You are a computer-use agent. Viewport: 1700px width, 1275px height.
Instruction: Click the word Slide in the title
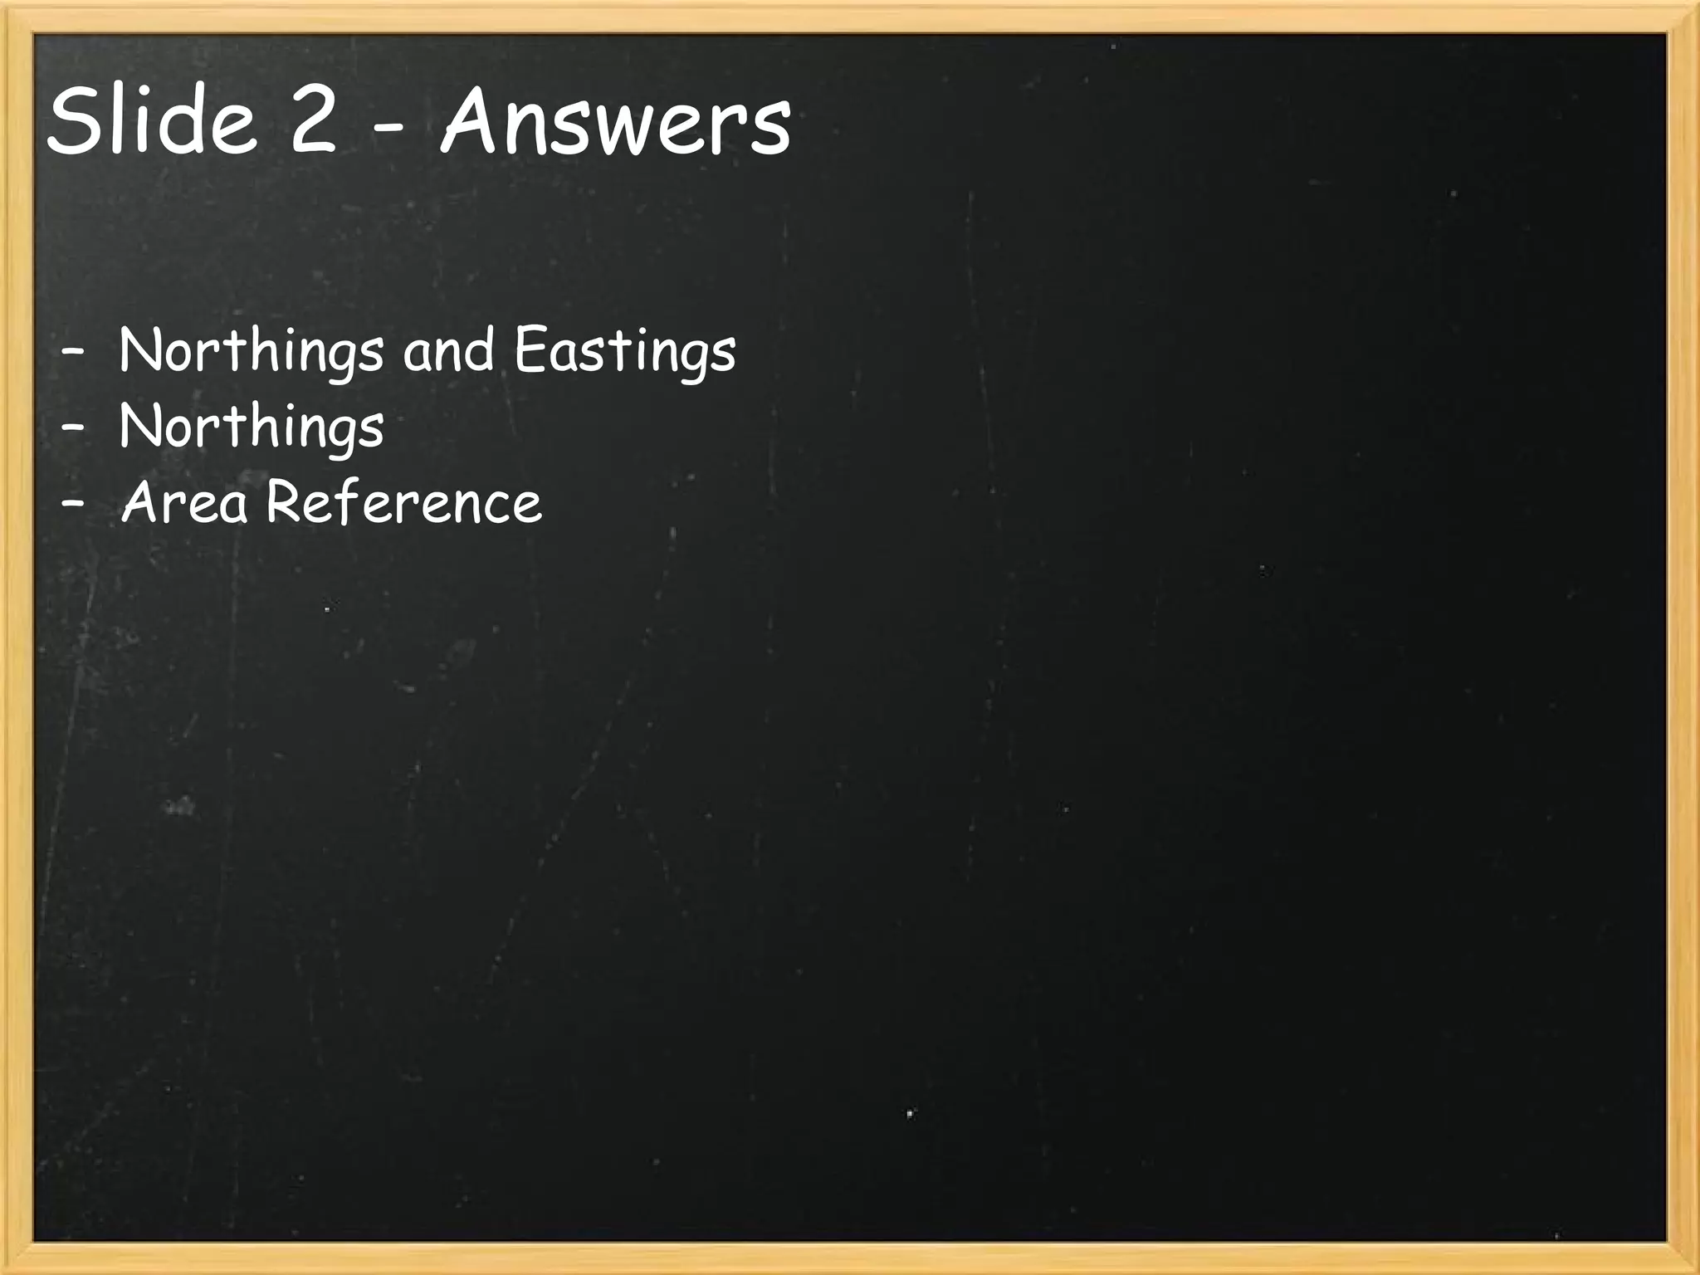[x=152, y=121]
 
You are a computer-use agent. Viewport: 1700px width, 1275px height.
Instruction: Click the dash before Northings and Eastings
[x=73, y=350]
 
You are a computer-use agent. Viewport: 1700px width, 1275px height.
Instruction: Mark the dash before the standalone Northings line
[x=73, y=427]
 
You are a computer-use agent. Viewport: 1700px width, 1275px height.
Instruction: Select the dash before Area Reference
[x=73, y=503]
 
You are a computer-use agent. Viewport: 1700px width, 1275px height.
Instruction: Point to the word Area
[x=185, y=503]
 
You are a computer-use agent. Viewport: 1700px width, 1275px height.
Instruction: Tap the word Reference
[x=404, y=503]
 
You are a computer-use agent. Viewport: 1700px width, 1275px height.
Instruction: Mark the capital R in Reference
[x=285, y=501]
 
